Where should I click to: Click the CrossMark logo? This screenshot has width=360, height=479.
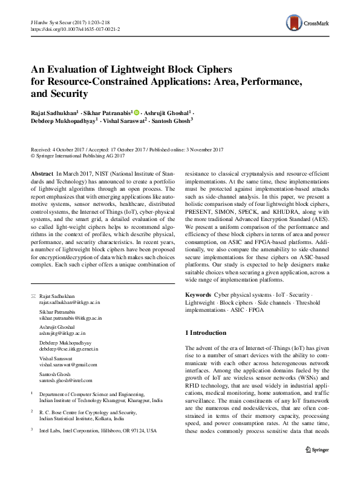click(x=314, y=21)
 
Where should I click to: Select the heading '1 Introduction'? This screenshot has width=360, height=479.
click(x=206, y=333)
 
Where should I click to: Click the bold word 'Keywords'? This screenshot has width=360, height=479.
click(x=198, y=294)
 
